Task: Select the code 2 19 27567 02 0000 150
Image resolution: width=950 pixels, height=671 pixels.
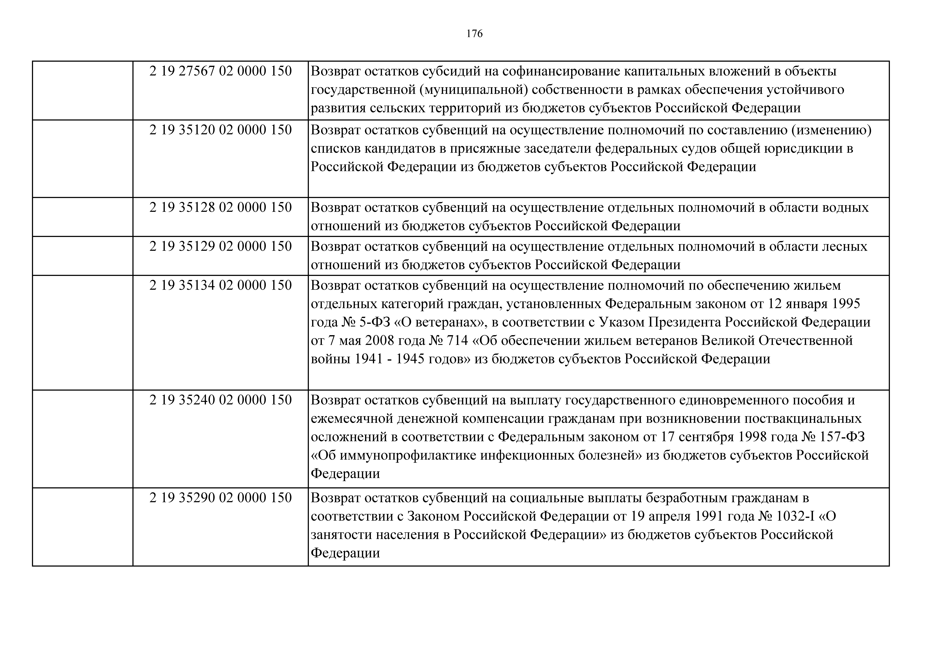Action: tap(221, 71)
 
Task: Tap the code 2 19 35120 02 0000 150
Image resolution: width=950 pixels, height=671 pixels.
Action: tap(221, 130)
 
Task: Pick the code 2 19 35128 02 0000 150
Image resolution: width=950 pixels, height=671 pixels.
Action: tap(221, 207)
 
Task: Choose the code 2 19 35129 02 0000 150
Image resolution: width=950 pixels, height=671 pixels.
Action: tap(221, 246)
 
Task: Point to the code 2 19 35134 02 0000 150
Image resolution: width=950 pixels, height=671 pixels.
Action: tap(221, 285)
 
